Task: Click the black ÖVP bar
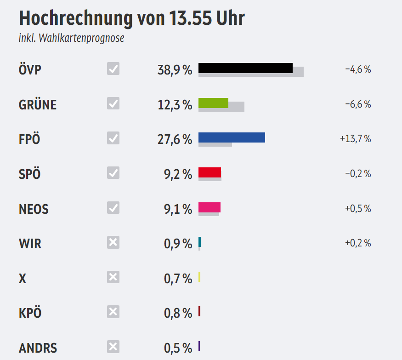pos(245,68)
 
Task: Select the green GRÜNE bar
pos(213,103)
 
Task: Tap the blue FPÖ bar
pos(232,137)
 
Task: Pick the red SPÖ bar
pos(209,172)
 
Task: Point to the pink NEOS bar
pos(209,207)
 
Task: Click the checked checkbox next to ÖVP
pos(113,69)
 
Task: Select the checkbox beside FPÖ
pos(113,138)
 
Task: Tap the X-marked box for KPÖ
pos(113,312)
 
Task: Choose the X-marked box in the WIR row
pos(113,242)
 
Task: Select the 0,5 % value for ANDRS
pos(178,348)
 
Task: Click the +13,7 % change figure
pos(355,139)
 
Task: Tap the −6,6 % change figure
pos(357,104)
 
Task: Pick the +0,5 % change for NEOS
pos(357,209)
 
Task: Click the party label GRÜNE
pos(38,105)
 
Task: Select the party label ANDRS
pos(38,348)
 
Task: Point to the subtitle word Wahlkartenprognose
pos(82,38)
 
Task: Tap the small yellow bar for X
pos(199,277)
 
